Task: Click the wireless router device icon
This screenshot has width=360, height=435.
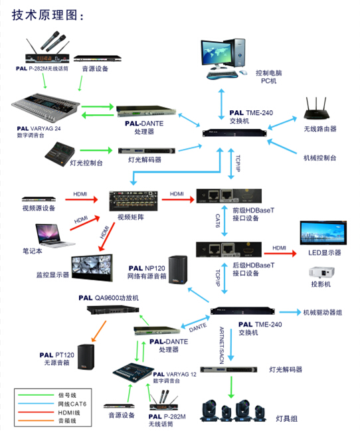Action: [x=316, y=110]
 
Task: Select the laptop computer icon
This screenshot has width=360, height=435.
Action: [x=54, y=236]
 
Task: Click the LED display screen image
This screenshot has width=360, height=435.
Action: [x=323, y=232]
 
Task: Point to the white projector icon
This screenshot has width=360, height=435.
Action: [x=321, y=272]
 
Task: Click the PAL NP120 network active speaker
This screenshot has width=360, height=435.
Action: [x=177, y=270]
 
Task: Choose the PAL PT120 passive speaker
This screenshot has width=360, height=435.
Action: [x=86, y=357]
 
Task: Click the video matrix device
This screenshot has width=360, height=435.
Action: [x=134, y=201]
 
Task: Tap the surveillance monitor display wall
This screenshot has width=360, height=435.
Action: [x=92, y=268]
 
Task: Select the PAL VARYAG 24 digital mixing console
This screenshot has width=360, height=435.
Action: [x=46, y=107]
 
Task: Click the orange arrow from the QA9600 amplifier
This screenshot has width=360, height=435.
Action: [x=99, y=331]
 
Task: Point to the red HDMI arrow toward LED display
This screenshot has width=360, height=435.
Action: [x=280, y=253]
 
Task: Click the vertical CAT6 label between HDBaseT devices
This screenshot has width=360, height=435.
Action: [x=218, y=221]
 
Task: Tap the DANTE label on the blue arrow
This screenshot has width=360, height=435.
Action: [x=198, y=327]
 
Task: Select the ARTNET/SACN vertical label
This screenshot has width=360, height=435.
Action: [x=221, y=345]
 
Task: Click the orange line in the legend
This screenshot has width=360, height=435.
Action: [x=36, y=420]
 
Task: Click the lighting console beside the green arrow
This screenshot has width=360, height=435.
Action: [x=60, y=154]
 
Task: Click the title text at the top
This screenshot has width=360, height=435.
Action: [x=47, y=15]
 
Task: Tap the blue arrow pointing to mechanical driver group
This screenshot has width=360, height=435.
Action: [x=290, y=312]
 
